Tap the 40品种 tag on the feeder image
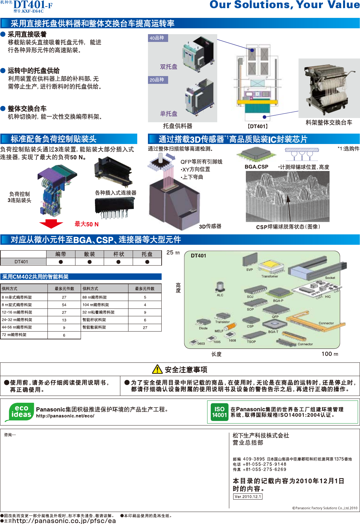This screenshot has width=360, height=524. (157, 38)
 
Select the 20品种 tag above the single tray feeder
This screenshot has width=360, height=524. (157, 80)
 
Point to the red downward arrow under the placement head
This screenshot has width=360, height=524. (51, 224)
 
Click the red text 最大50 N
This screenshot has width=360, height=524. (87, 224)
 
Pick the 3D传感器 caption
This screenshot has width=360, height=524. (210, 226)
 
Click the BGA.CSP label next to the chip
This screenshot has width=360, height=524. (256, 167)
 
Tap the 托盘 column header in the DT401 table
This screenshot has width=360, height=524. (147, 254)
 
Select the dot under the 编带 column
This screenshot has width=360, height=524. (61, 262)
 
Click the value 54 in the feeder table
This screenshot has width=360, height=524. (64, 305)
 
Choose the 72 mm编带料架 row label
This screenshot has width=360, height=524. (14, 335)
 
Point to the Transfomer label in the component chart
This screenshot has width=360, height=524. (270, 276)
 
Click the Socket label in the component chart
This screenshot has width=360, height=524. (330, 278)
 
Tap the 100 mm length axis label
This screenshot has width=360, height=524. (330, 354)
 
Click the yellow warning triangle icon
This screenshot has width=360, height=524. (157, 369)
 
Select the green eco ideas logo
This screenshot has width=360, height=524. (20, 412)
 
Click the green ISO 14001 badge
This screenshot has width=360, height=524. (220, 412)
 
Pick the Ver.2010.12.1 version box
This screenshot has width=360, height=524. (248, 497)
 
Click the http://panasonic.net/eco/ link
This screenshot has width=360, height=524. (65, 416)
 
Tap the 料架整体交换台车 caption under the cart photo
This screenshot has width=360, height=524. (329, 123)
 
